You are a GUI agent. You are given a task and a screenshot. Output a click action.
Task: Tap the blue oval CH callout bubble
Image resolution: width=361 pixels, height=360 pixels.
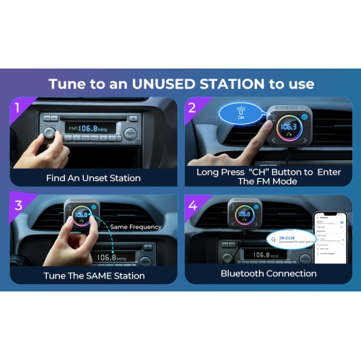(x=241, y=112)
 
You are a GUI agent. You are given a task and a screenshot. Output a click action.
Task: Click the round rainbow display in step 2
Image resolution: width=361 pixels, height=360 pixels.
(x=292, y=128)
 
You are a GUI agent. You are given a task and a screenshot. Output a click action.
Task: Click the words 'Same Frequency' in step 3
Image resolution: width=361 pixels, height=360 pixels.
(x=142, y=227)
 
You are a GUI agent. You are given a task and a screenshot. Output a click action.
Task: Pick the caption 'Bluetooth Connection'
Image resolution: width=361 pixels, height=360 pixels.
(x=268, y=274)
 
